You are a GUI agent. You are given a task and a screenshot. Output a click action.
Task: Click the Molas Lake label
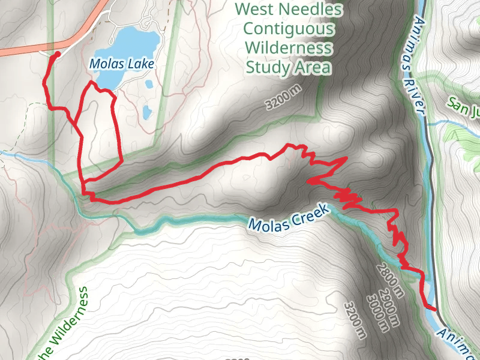pyautogui.click(x=122, y=63)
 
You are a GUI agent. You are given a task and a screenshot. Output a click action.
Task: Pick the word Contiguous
pyautogui.click(x=288, y=28)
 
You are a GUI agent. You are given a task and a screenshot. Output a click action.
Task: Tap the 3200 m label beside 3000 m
pyautogui.click(x=356, y=320)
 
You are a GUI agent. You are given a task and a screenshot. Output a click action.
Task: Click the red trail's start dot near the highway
pyautogui.click(x=57, y=55)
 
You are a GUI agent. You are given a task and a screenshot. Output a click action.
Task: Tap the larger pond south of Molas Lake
pyautogui.click(x=146, y=112)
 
